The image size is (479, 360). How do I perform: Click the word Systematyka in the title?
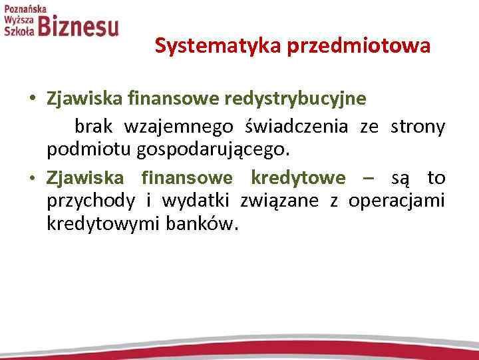pos(200,46)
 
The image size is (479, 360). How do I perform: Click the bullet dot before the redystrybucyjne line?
pos(33,99)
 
